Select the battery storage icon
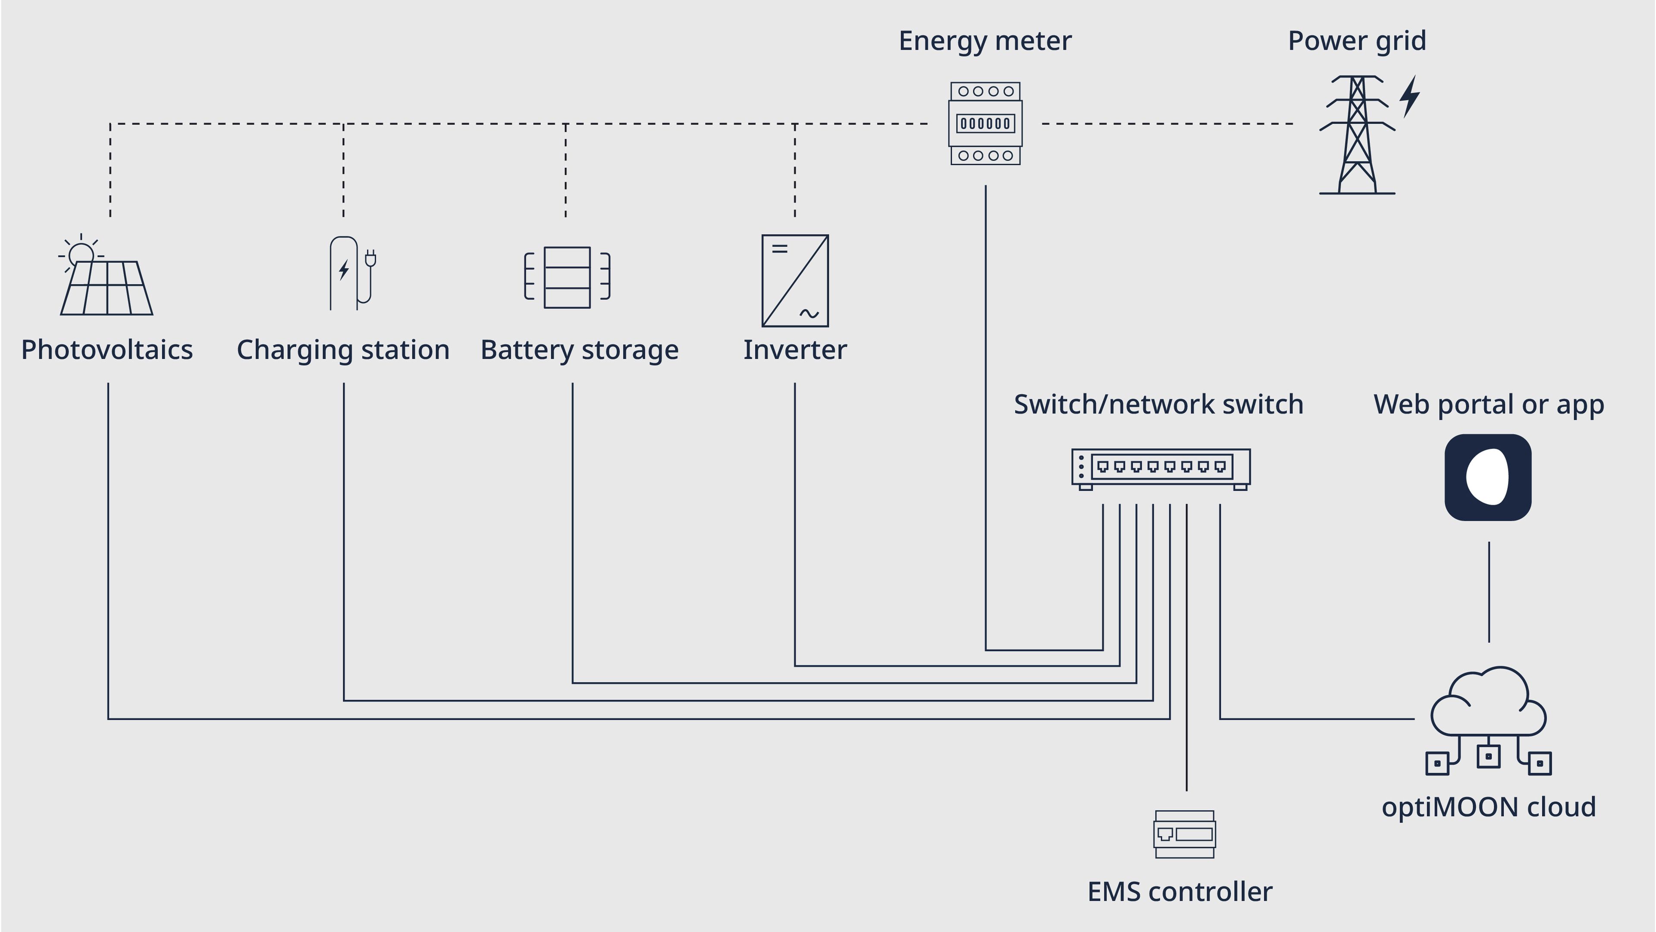tap(567, 277)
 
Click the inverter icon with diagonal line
tap(795, 280)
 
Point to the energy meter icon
tap(985, 123)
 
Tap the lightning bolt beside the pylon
tap(1410, 97)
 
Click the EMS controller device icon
tap(1185, 834)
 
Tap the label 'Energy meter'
tap(985, 41)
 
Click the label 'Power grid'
tap(1357, 41)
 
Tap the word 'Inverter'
tap(795, 350)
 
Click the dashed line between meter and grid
tap(1167, 123)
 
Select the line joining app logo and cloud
tap(1489, 591)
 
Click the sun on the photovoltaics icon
tap(81, 254)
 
